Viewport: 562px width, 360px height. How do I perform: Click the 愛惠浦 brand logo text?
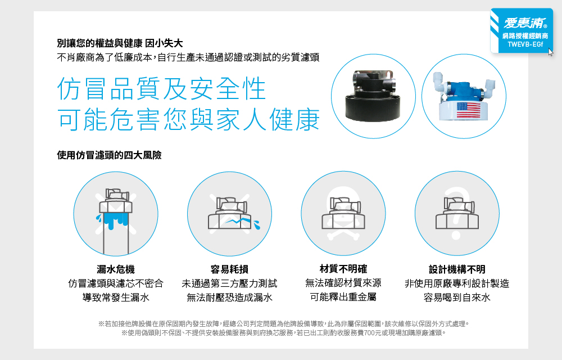525,22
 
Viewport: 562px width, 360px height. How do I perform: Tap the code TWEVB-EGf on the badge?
525,44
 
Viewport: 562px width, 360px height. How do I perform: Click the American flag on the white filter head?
469,110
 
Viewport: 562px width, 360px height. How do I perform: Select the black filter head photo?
373,96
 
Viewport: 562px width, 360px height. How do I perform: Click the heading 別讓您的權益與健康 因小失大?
120,43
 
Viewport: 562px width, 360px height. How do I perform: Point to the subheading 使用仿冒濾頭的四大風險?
109,155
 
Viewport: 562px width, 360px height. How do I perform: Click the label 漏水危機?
115,269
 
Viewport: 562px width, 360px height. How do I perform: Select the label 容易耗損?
229,269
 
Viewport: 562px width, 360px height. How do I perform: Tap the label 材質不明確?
343,268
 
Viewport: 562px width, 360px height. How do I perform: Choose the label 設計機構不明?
457,269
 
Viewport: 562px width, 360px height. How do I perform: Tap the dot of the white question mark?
456,236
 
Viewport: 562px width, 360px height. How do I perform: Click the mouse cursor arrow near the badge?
551,52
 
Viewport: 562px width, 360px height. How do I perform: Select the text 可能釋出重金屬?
343,297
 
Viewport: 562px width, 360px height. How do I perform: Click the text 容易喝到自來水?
457,297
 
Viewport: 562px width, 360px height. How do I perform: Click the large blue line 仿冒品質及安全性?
161,88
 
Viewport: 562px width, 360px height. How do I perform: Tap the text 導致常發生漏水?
115,297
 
